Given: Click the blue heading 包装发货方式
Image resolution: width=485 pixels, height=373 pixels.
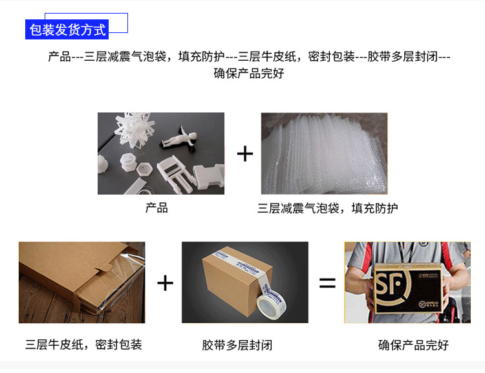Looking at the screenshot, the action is [67, 30].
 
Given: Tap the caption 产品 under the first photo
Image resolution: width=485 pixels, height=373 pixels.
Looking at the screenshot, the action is [156, 208].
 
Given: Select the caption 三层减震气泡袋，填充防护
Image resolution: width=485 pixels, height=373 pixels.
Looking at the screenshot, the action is [328, 208].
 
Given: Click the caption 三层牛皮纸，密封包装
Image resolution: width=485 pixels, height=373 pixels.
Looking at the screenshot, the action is [83, 345].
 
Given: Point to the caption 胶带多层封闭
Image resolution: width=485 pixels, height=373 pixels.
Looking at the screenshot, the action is [237, 345].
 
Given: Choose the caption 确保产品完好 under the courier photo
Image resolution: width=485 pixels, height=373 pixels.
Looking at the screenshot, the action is [413, 345].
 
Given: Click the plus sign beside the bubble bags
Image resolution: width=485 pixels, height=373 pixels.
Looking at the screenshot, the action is [245, 154].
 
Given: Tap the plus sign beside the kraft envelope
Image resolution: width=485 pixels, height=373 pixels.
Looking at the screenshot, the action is [165, 282].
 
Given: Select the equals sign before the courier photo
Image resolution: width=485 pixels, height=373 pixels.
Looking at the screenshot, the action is [327, 282].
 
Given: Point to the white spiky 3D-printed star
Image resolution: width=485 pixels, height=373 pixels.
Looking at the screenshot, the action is [133, 128].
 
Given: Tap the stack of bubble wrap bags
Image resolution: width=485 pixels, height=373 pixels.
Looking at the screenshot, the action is [324, 153].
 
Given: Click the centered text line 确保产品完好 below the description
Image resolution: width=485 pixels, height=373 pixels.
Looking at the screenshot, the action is [249, 73].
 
